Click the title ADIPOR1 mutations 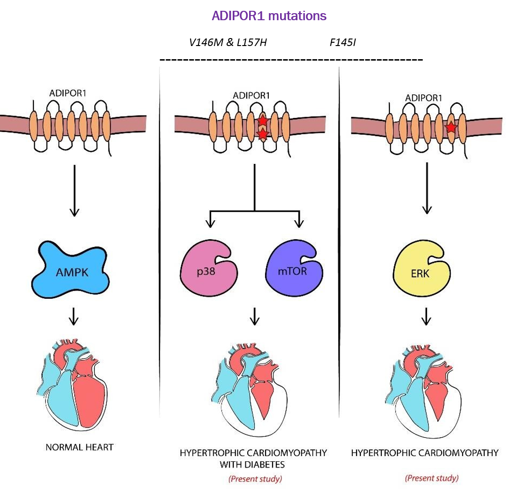pyautogui.click(x=269, y=16)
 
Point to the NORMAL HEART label pyautogui.click(x=79, y=447)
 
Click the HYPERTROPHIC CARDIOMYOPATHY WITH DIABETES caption pyautogui.click(x=253, y=458)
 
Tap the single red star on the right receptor pyautogui.click(x=451, y=127)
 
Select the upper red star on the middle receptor pyautogui.click(x=263, y=122)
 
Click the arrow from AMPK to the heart pyautogui.click(x=73, y=317)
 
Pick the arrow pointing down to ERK pyautogui.click(x=426, y=188)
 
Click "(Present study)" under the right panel pyautogui.click(x=432, y=478)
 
